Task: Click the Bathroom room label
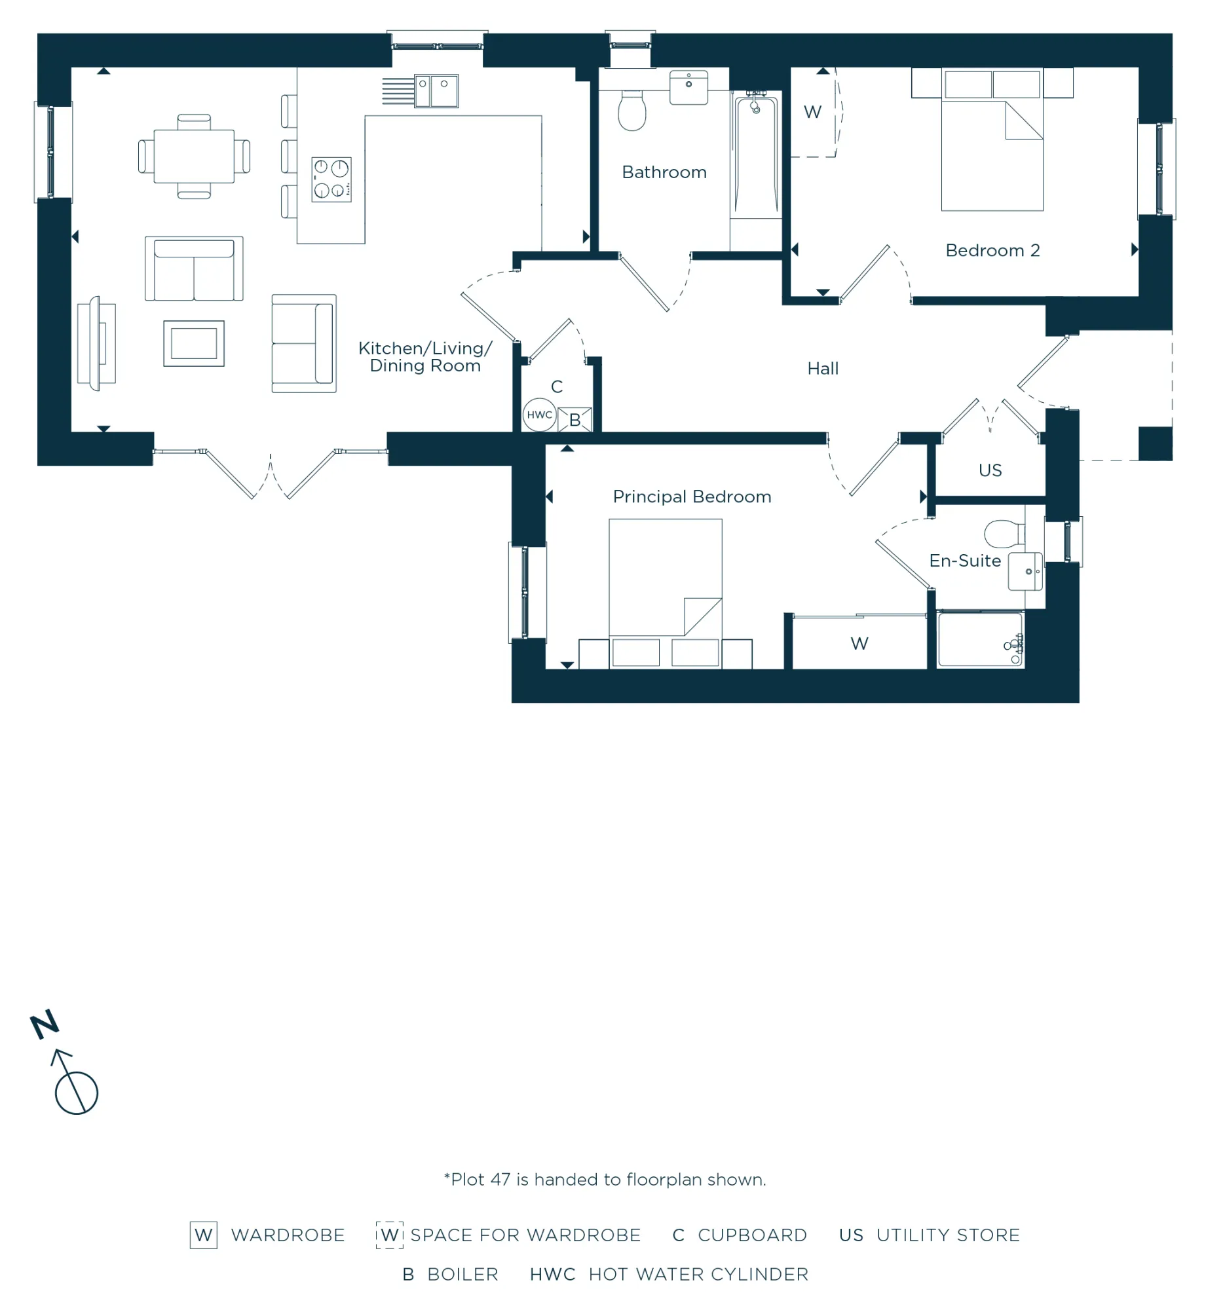click(x=664, y=172)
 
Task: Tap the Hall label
click(x=822, y=368)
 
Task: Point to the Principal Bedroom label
click(x=691, y=497)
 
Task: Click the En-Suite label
click(x=964, y=561)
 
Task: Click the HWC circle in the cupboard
click(x=539, y=415)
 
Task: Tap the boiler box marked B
click(x=575, y=419)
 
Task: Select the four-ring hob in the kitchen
click(x=331, y=179)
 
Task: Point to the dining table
click(x=193, y=157)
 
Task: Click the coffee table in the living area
click(x=193, y=343)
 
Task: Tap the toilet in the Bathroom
click(x=631, y=110)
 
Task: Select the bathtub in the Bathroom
click(x=755, y=157)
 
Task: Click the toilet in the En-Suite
click(x=1004, y=534)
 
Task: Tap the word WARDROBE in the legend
click(x=288, y=1235)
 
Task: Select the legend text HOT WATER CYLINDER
click(x=698, y=1275)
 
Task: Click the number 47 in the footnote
click(x=500, y=1180)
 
